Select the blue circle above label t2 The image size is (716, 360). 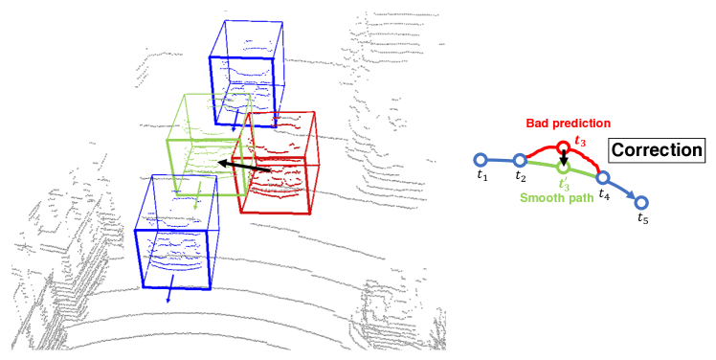[519, 160]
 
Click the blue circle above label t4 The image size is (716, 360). [602, 177]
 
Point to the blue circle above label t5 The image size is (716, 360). [641, 202]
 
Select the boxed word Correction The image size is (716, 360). [656, 149]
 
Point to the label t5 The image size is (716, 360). [642, 219]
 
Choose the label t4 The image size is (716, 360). [603, 194]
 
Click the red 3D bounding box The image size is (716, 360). [281, 163]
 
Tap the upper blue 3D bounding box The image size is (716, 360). [247, 72]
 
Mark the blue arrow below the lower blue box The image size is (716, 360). [169, 293]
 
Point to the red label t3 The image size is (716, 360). [580, 142]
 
